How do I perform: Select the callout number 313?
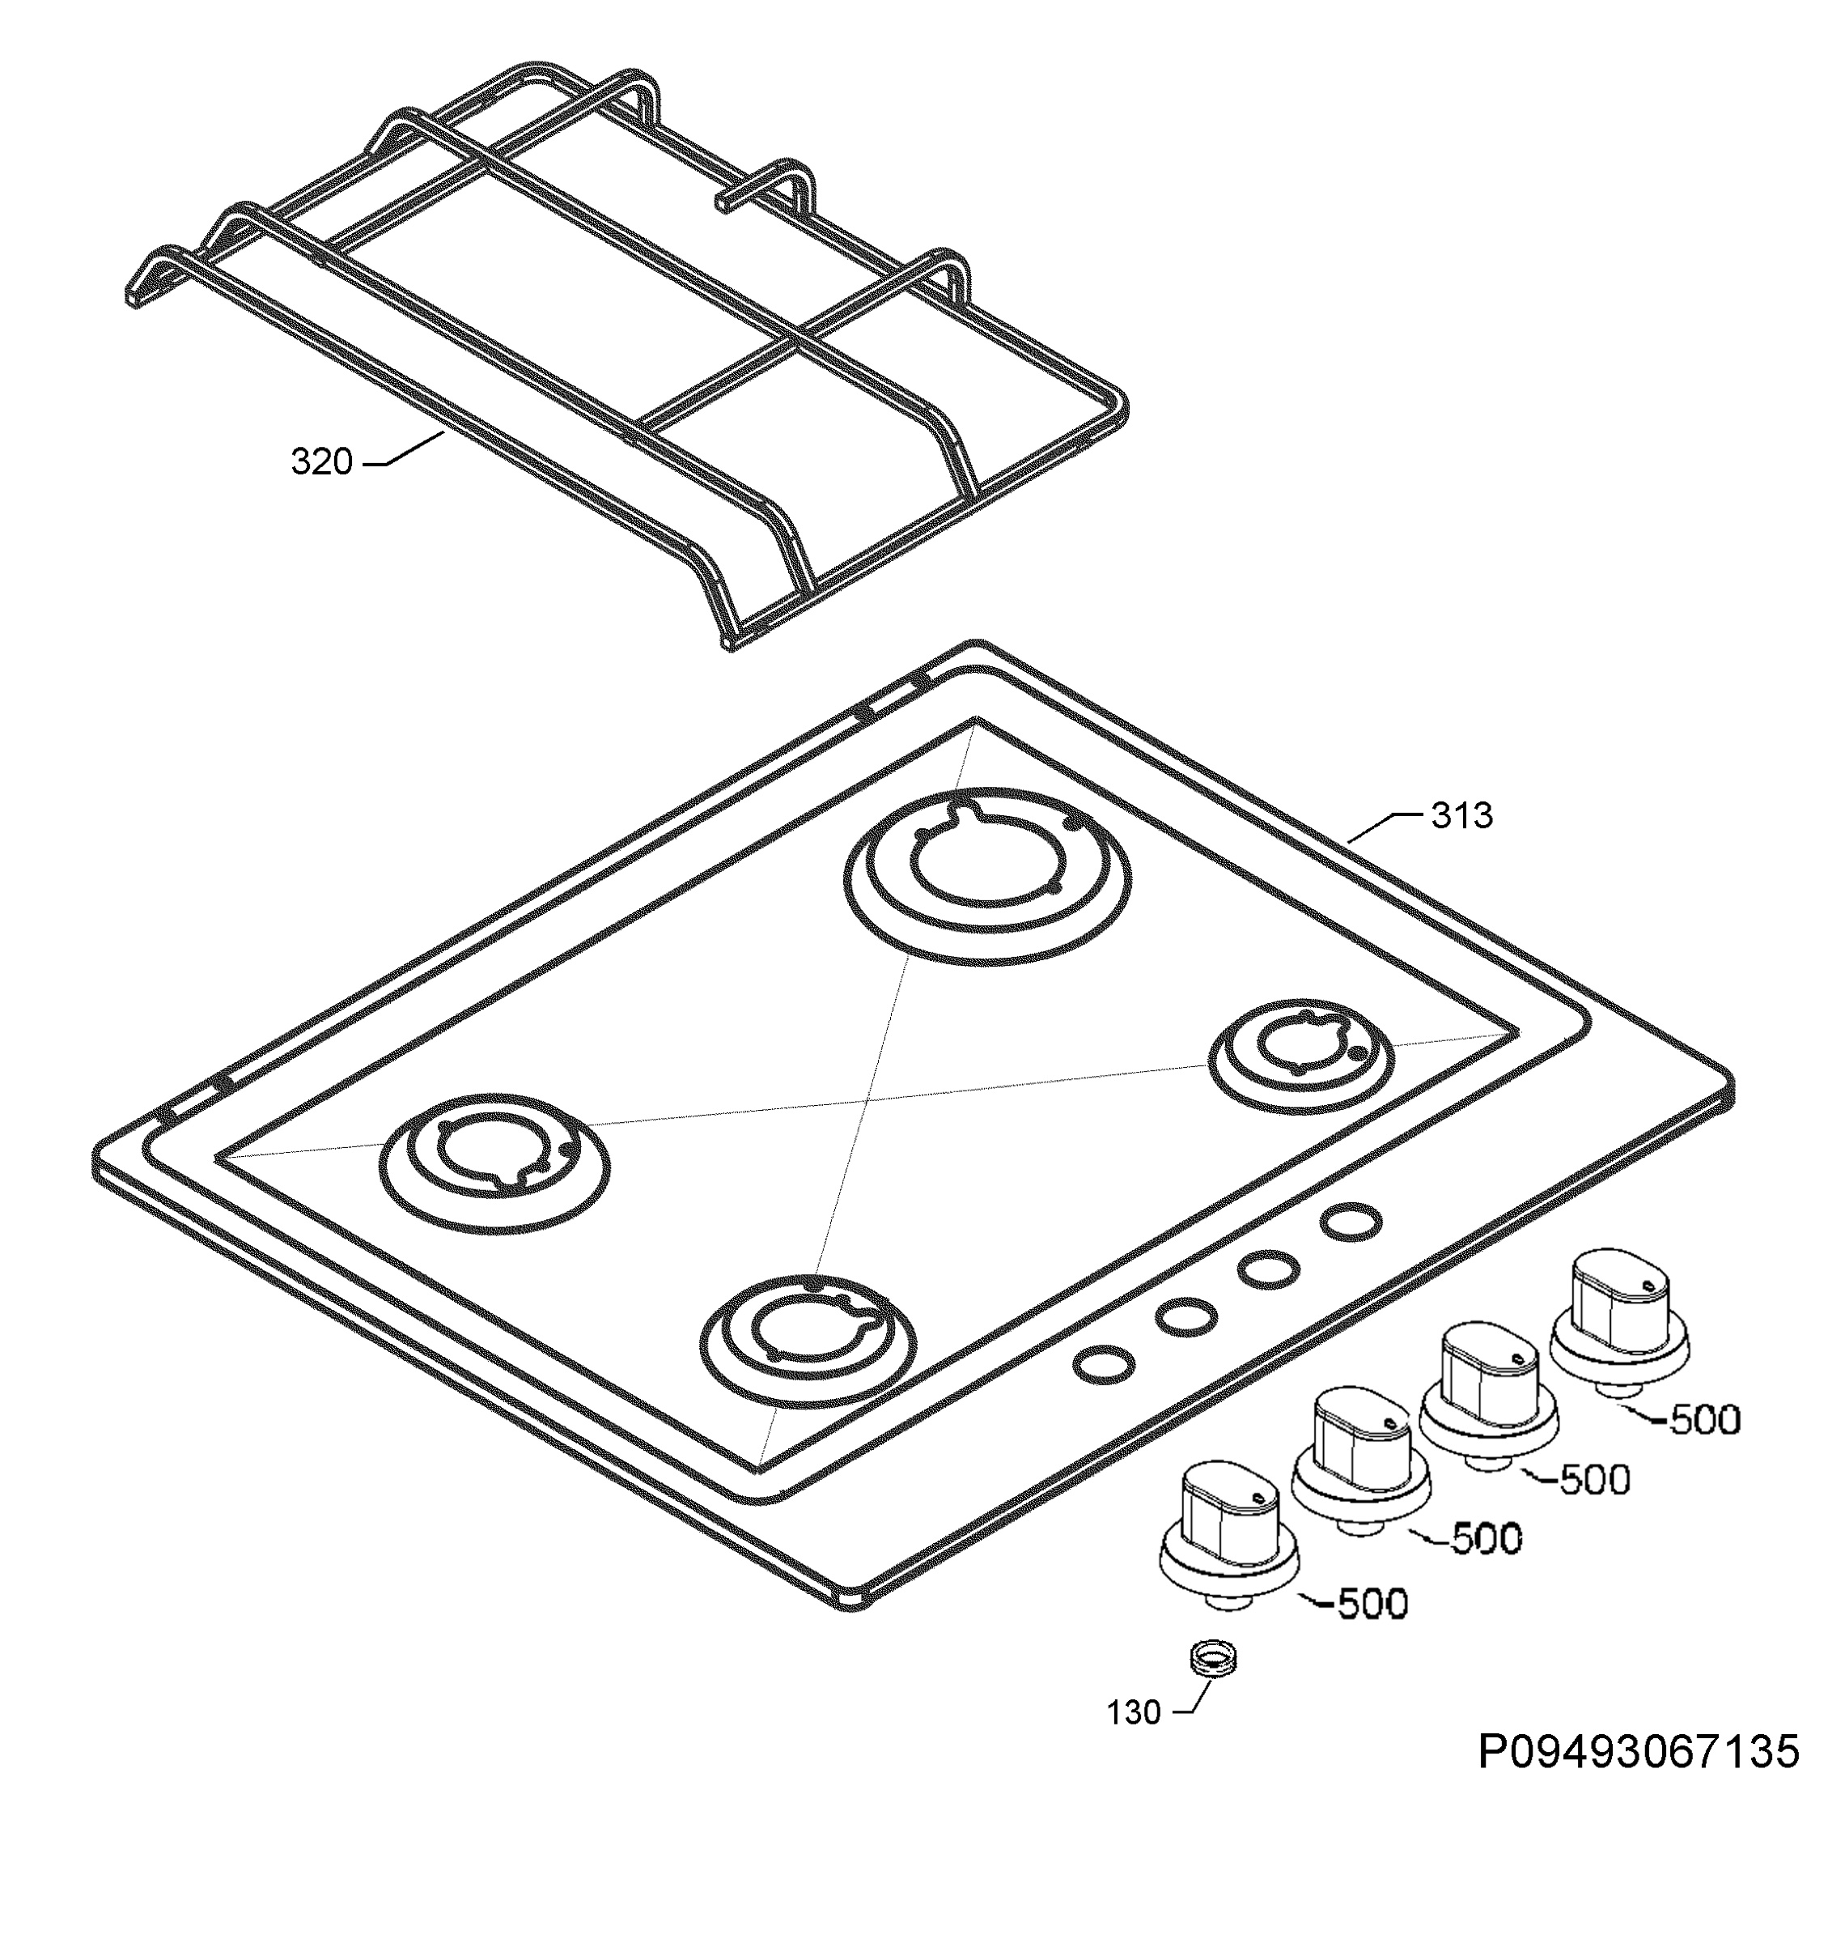click(1461, 814)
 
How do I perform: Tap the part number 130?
click(1134, 1713)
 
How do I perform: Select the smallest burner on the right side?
click(1301, 1057)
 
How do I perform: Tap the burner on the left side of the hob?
click(494, 1165)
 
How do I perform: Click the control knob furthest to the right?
click(1618, 1322)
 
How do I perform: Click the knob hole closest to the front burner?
click(1104, 1363)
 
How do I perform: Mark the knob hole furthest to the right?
click(1351, 1222)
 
